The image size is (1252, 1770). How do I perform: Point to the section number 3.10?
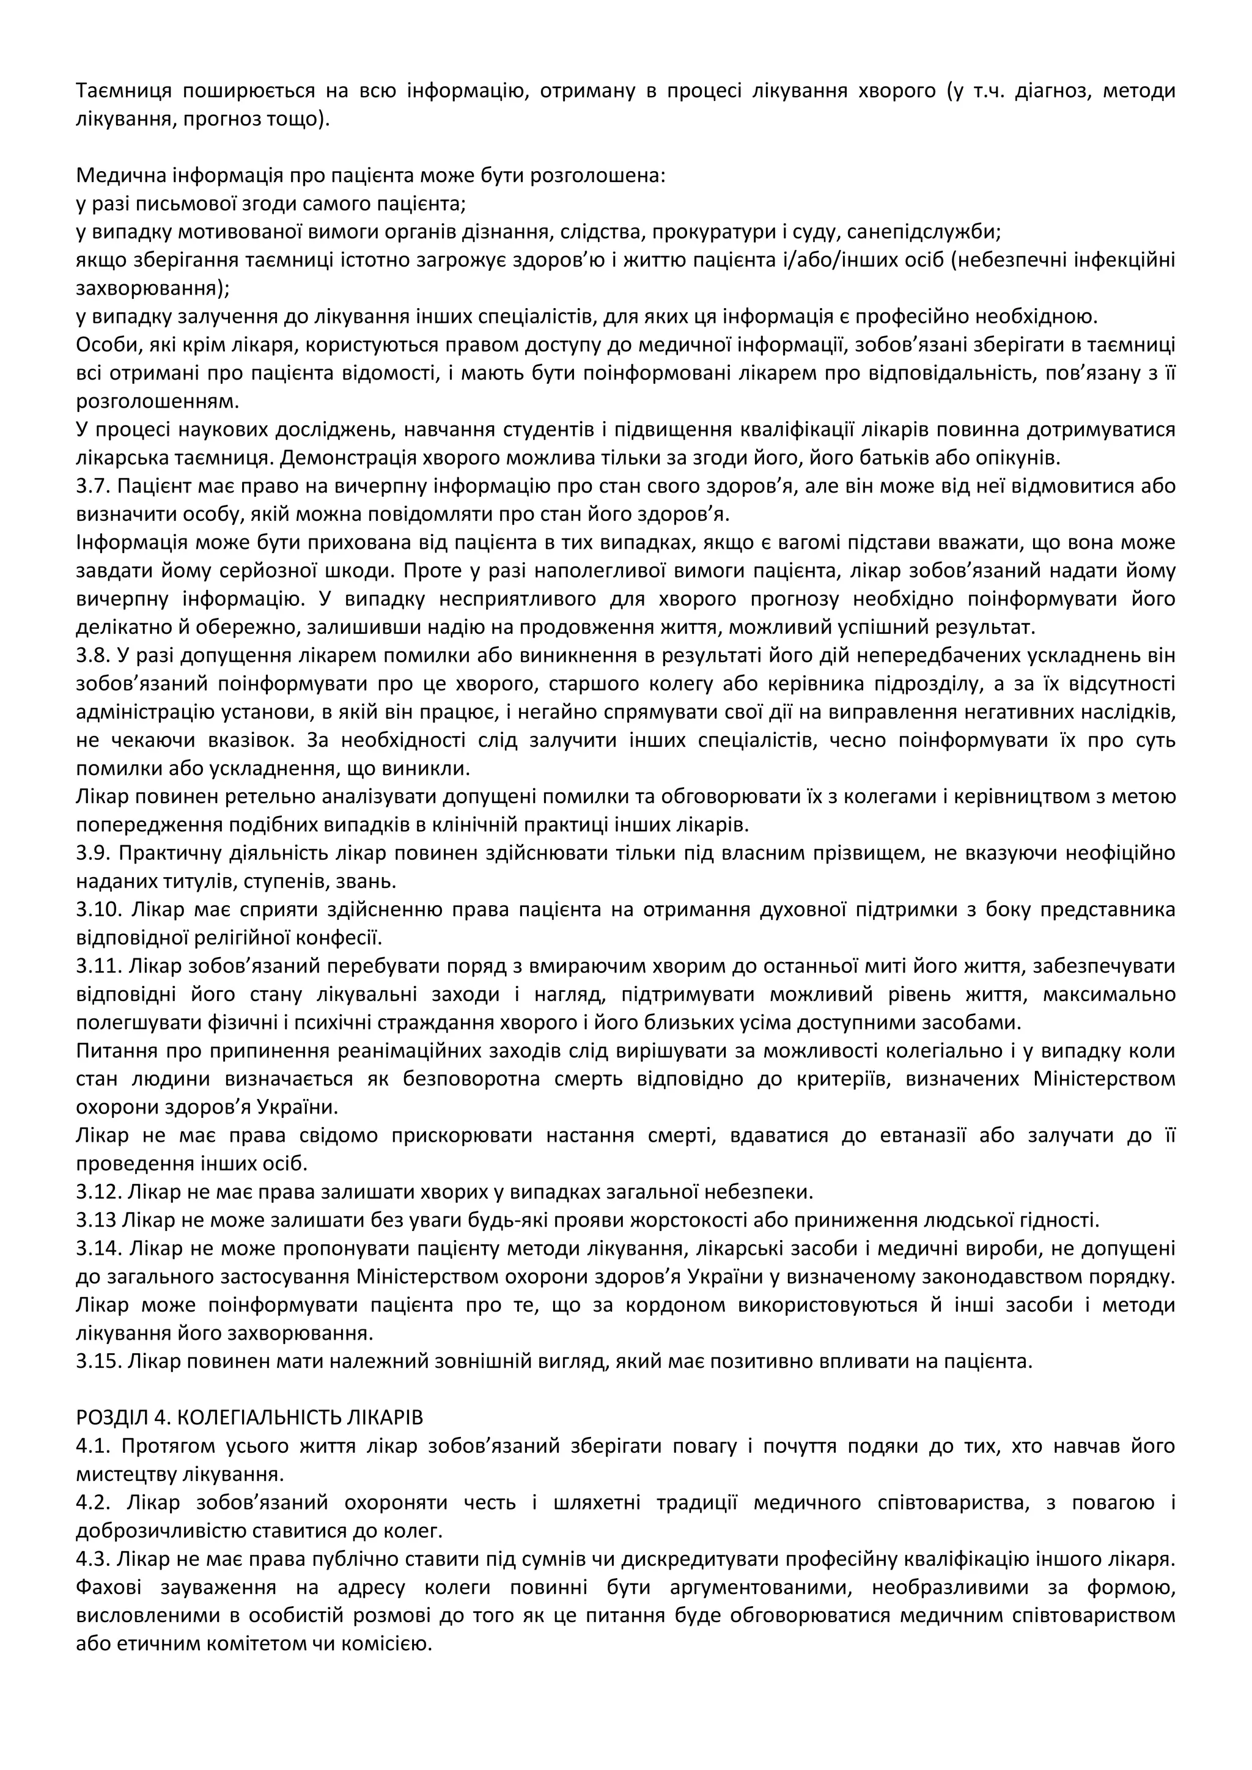98,909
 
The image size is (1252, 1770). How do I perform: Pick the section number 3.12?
98,1192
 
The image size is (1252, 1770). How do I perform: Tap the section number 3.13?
97,1221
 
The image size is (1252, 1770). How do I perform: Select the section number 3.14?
98,1248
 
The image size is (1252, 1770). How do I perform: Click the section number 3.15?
98,1361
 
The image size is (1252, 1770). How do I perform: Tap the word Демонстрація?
348,458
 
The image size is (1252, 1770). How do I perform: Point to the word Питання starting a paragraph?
112,1051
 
